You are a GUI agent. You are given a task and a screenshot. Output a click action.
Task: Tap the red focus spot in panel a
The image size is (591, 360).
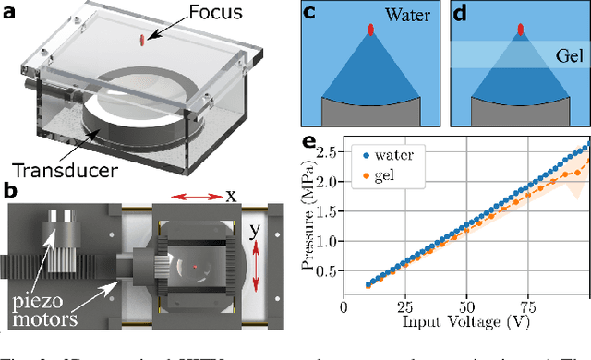click(x=142, y=39)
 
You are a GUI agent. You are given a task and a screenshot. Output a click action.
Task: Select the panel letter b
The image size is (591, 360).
click(x=11, y=191)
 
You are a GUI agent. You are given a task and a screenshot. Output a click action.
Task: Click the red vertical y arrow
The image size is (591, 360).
click(x=256, y=255)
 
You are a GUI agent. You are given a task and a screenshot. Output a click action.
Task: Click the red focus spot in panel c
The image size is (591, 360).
click(x=371, y=30)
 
